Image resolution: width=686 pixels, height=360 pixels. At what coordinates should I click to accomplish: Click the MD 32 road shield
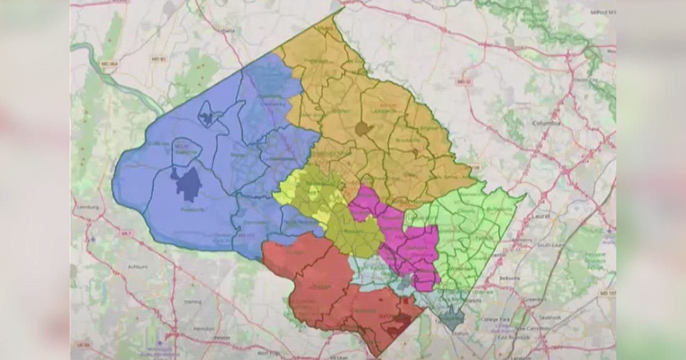462,82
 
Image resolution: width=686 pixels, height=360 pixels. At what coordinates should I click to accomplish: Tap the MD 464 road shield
109,63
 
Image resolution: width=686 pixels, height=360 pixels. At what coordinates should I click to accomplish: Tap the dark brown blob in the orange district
362,129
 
